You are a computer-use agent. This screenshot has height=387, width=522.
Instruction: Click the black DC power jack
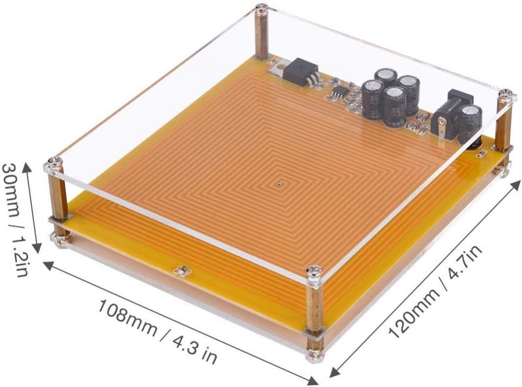pyautogui.click(x=451, y=115)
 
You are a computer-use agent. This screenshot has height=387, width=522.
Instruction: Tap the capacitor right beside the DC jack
pyautogui.click(x=470, y=124)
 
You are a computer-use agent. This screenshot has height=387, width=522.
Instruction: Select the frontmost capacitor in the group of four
pyautogui.click(x=394, y=106)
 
